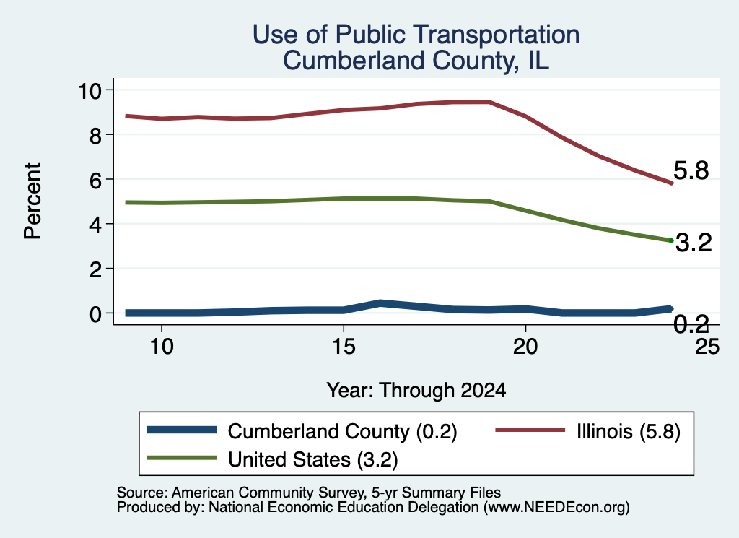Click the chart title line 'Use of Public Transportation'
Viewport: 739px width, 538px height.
point(416,35)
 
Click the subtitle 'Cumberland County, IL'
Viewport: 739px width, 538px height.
point(416,61)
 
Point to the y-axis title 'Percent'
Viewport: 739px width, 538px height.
point(32,201)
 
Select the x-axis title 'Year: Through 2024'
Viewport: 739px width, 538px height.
point(416,391)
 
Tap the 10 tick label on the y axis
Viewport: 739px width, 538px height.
point(89,90)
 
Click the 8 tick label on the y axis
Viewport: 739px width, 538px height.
point(96,135)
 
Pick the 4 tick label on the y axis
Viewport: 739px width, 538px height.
point(96,225)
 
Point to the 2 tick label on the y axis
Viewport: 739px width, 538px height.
point(96,269)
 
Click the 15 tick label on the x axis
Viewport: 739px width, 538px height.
point(344,347)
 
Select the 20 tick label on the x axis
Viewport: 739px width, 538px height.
point(525,347)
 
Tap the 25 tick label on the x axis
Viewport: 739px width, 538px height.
point(707,347)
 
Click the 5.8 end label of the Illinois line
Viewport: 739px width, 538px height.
point(691,170)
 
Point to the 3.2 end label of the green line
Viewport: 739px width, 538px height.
point(694,243)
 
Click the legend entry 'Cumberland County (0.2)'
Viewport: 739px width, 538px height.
point(302,431)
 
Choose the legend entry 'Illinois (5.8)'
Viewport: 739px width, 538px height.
point(587,431)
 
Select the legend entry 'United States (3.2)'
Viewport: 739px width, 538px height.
point(272,459)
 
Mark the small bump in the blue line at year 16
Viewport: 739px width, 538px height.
point(380,303)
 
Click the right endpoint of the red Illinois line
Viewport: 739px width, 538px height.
point(671,183)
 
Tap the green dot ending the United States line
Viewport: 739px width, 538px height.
point(671,240)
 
